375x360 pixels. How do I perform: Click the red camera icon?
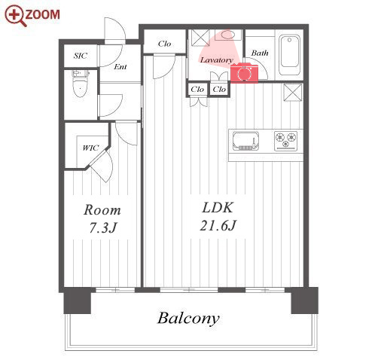coord(244,72)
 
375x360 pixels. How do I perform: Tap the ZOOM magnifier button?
coord(32,15)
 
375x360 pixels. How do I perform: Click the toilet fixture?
coord(81,84)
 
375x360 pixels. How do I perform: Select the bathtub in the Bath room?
coord(290,55)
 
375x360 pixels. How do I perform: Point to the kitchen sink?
coord(245,141)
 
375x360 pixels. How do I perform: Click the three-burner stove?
coord(285,141)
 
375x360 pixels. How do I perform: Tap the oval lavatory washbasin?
coord(228,35)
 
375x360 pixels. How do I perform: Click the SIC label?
coord(81,56)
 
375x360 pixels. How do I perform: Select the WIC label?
coord(90,148)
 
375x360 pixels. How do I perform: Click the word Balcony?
coord(188,319)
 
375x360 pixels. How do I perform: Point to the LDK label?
coord(218,208)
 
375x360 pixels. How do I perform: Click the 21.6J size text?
coord(218,225)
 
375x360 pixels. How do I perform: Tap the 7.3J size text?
coord(103,228)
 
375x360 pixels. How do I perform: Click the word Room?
coord(102,210)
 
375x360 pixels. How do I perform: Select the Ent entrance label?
coord(120,67)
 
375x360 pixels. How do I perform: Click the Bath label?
coord(260,53)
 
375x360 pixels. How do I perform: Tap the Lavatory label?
coord(217,60)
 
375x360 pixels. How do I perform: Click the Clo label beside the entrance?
coord(164,44)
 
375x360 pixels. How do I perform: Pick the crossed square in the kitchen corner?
coord(292,93)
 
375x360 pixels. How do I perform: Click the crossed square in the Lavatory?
coord(200,38)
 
